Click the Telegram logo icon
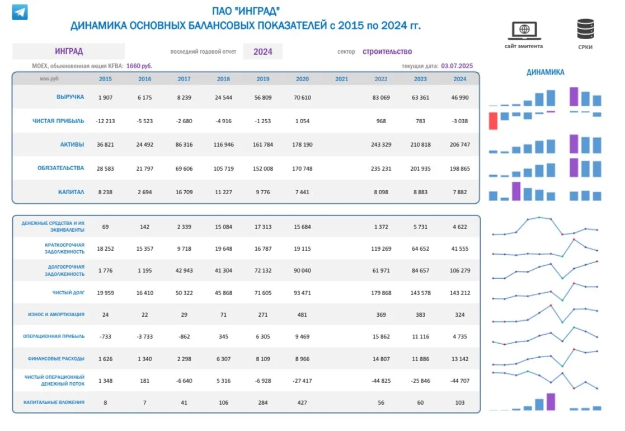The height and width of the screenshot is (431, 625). pos(20,12)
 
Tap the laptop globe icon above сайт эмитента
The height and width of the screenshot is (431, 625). pos(524,30)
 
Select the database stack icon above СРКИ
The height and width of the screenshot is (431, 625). pos(585,29)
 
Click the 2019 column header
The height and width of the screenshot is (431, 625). pos(262,79)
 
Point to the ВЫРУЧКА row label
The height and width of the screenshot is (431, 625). pos(70,97)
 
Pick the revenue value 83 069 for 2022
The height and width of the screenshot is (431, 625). pos(381,97)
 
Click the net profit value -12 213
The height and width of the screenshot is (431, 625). pos(105,121)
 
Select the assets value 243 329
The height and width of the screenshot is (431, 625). pos(381,144)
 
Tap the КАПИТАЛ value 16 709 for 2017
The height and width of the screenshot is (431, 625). pos(184,192)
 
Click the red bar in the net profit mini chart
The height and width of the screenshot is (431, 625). pos(493,121)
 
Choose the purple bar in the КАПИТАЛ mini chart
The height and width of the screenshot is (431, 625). pos(516,191)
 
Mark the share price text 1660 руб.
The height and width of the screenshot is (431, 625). pos(139,66)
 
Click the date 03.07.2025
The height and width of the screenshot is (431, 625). pos(457,66)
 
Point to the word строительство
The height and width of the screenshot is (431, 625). pos(387,51)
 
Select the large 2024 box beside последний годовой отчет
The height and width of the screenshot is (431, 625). pos(262,51)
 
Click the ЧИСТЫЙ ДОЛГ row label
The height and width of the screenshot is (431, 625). pos(68,292)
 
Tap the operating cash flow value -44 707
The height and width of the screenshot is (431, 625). pos(459,381)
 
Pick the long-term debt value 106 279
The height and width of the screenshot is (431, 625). pos(459,270)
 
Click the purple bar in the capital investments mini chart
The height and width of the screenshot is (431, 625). pos(551,401)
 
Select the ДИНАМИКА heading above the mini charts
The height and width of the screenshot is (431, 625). pos(546,72)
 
